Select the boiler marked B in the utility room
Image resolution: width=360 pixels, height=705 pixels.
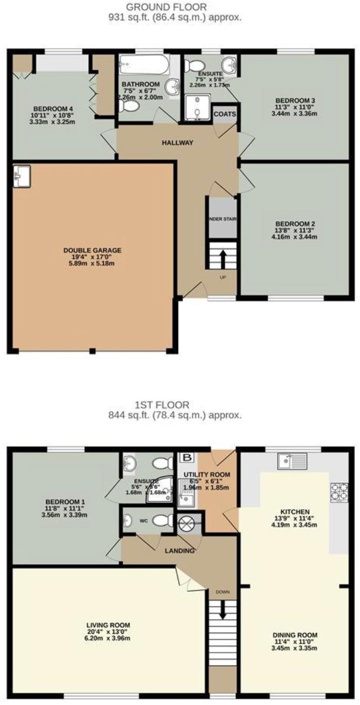[187, 457]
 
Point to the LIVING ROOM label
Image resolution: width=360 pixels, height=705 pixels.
[108, 625]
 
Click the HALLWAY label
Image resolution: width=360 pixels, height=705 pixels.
[177, 143]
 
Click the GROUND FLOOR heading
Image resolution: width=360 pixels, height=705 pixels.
[166, 7]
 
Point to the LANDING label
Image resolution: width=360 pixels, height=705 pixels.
[180, 550]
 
